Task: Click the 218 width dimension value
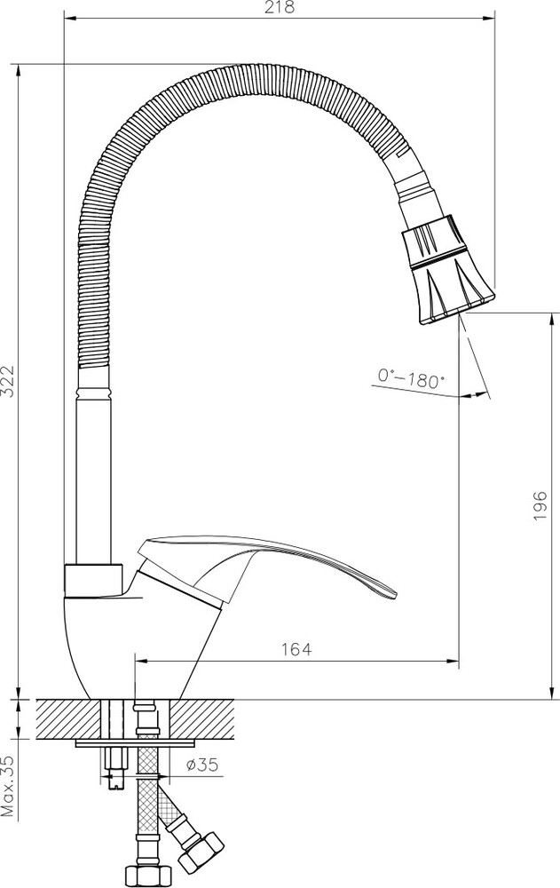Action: (x=280, y=7)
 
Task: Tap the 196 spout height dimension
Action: (x=540, y=506)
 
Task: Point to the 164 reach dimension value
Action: (x=296, y=649)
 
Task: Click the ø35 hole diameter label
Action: (x=202, y=765)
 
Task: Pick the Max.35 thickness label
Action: (x=8, y=786)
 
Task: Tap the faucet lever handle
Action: (x=266, y=568)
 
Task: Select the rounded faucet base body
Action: (x=142, y=646)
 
